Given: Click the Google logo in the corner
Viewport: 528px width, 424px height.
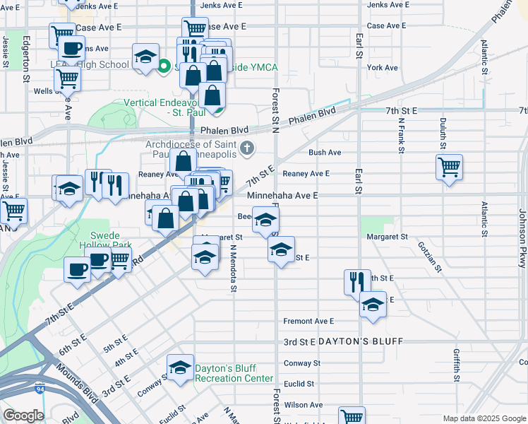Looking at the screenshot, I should point(23,416).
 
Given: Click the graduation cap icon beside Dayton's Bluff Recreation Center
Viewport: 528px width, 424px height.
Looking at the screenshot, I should point(180,367).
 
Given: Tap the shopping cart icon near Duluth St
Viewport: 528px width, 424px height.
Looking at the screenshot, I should point(449,167).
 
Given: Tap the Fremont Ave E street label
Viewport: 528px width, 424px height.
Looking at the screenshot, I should point(308,321).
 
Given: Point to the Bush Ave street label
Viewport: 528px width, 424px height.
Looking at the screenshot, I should point(325,152).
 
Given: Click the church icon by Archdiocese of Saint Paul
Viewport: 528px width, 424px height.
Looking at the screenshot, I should point(246,148).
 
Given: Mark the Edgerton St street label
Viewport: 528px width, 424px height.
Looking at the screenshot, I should point(26,59).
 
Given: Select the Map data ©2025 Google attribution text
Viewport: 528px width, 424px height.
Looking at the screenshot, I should point(484,418).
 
